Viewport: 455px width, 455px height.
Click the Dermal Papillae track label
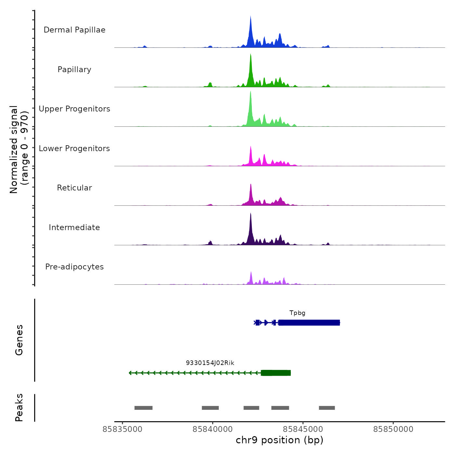tap(74, 30)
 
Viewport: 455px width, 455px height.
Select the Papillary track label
tap(74, 70)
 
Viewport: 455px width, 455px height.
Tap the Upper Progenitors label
tap(74, 109)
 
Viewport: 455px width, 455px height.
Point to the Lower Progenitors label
tap(74, 149)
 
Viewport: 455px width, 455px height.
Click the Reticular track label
tap(74, 188)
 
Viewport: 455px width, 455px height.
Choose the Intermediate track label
tap(74, 227)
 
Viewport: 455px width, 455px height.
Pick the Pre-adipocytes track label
tap(74, 267)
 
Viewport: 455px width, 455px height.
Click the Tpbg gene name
tap(297, 313)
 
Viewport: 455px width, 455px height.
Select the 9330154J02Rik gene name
tap(210, 363)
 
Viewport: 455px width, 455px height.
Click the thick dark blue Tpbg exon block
tap(309, 323)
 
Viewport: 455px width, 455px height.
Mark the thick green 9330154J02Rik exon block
tap(276, 373)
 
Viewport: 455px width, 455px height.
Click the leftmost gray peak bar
tap(143, 408)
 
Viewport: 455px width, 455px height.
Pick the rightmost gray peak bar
tap(327, 408)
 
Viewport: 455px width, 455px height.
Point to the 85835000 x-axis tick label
tap(123, 429)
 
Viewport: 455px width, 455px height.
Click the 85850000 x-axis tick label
tap(393, 429)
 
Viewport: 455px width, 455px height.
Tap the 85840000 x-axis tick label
tap(213, 429)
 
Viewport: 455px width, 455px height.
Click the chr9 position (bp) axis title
tap(279, 440)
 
